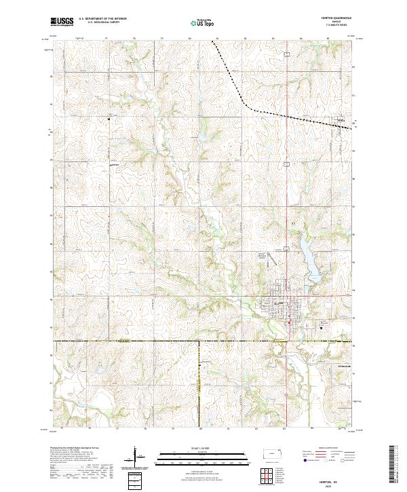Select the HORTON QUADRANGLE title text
coord(338,18)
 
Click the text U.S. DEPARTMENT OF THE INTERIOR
coord(102,19)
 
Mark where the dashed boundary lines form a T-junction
coord(199,341)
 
